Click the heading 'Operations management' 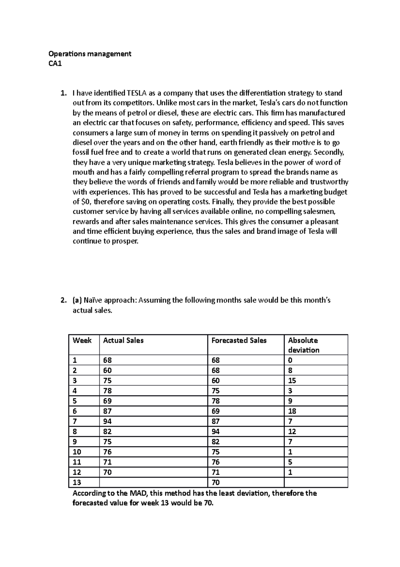(90, 54)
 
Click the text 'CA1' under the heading (55, 64)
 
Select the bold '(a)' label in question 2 (77, 300)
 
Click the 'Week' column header (82, 340)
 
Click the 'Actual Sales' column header (123, 340)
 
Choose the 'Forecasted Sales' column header (239, 340)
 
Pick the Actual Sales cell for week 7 (107, 421)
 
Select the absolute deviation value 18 (292, 411)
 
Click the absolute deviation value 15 (292, 380)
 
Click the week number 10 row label (77, 452)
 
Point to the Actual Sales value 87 (107, 411)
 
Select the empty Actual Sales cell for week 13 (153, 482)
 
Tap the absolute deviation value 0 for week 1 (290, 360)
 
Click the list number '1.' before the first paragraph (63, 93)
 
